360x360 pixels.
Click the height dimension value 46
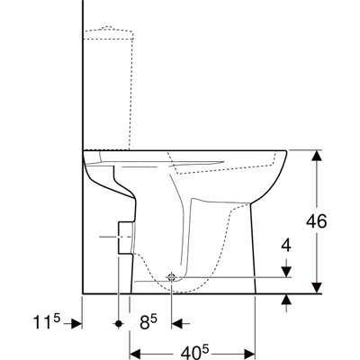(x=333, y=221)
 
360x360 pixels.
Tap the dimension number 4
(x=285, y=244)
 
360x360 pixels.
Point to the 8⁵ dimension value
(x=148, y=322)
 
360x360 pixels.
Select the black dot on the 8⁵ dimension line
(x=118, y=322)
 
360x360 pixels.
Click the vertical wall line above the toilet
(x=83, y=72)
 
